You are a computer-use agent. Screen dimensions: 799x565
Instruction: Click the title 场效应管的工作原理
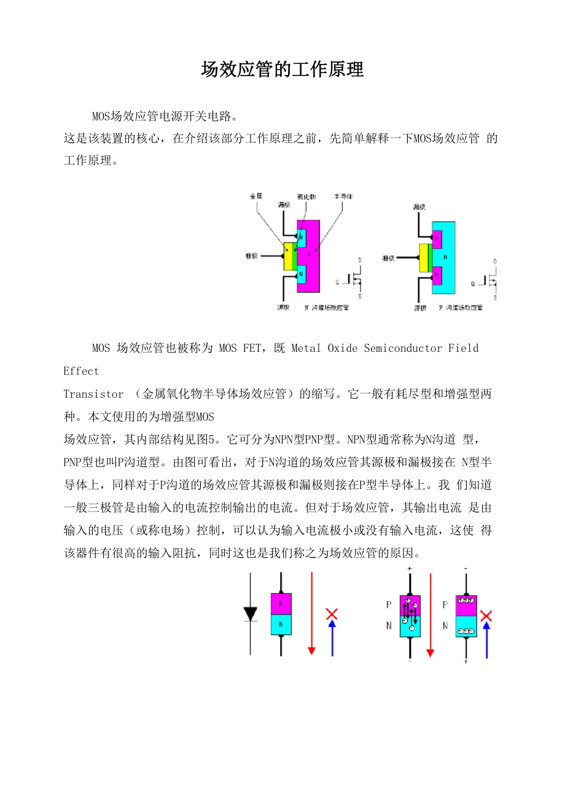pyautogui.click(x=282, y=70)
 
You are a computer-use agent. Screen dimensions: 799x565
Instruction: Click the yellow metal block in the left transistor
pyautogui.click(x=287, y=257)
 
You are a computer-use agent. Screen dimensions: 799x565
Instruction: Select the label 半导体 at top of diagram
pyautogui.click(x=343, y=197)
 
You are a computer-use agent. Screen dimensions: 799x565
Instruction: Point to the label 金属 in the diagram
pyautogui.click(x=255, y=197)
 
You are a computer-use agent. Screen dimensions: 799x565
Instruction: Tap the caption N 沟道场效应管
pyautogui.click(x=327, y=307)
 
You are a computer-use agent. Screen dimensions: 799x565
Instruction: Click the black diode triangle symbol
pyautogui.click(x=250, y=614)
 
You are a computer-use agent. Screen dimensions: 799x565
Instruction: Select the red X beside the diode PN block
pyautogui.click(x=332, y=614)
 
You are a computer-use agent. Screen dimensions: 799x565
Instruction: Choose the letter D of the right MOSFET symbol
pyautogui.click(x=494, y=262)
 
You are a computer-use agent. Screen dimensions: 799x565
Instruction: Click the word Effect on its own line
pyautogui.click(x=81, y=371)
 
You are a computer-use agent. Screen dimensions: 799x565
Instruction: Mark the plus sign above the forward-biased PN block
pyautogui.click(x=410, y=569)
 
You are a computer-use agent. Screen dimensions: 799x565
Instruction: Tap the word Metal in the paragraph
pyautogui.click(x=306, y=348)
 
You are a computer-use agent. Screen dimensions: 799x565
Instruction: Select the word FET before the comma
pyautogui.click(x=252, y=348)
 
